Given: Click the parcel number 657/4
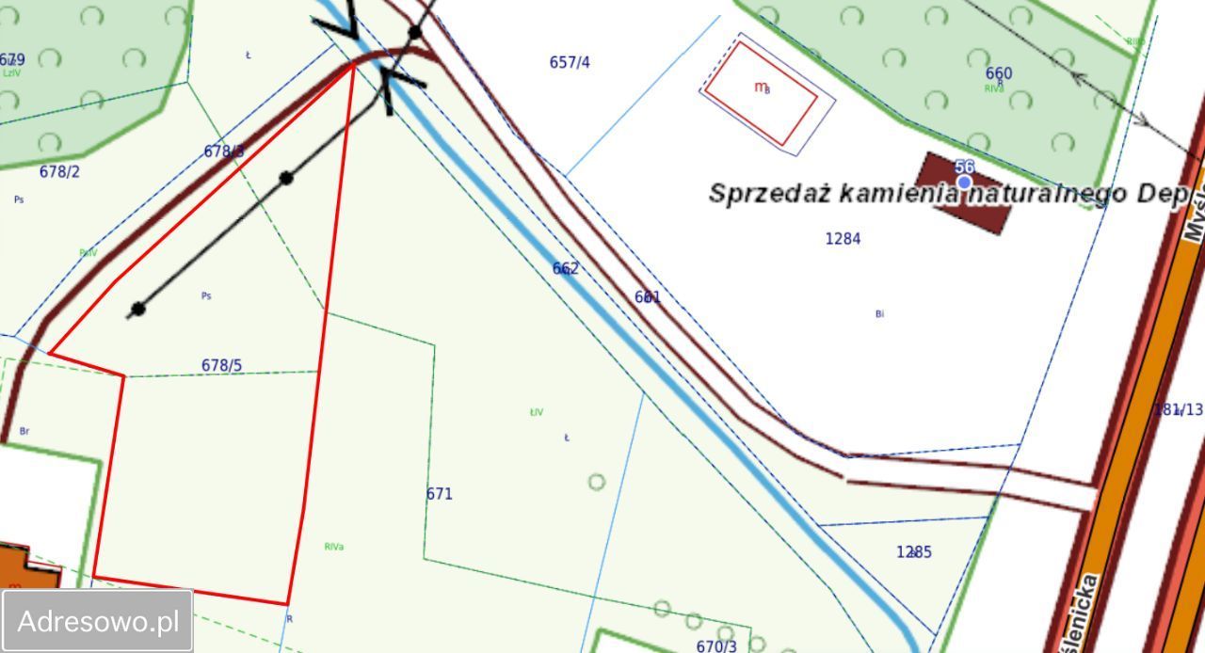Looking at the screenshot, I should pos(570,63).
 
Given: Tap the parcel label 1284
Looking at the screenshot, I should pos(843,239).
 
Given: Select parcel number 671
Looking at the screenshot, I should pos(440,494).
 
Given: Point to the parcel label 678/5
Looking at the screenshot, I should pos(221,365).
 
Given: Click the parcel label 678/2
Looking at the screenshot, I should pos(59,172).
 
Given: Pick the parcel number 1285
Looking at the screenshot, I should pos(913,552).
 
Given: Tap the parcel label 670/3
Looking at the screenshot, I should pos(716,646).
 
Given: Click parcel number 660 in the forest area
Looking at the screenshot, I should pos(999,73).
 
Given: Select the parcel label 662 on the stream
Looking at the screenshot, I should pos(566,269).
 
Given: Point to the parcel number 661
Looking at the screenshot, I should pos(648,297).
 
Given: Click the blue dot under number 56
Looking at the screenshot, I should pos(964,183).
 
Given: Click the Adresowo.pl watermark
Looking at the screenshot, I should pos(98,621).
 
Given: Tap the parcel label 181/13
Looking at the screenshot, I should pos(1179,409).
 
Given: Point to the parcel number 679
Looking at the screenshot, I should pos(12,60).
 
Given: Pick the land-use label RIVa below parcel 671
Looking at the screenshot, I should pos(333,547).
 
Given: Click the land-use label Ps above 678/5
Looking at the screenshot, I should pos(206,295).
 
